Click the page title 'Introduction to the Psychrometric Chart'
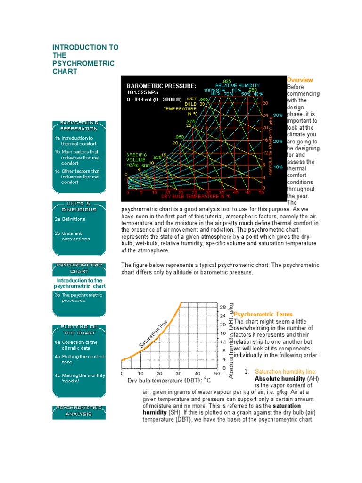pyautogui.click(x=85, y=59)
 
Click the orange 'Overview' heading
pyautogui.click(x=300, y=80)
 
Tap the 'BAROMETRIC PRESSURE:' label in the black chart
pyautogui.click(x=161, y=86)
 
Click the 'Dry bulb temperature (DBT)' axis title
pyautogui.click(x=169, y=380)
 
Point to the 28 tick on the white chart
pyautogui.click(x=223, y=307)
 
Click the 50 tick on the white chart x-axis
pyautogui.click(x=216, y=373)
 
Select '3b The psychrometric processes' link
pyautogui.click(x=78, y=298)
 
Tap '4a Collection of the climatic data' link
pyautogui.click(x=78, y=345)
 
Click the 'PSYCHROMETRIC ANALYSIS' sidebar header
pyautogui.click(x=79, y=410)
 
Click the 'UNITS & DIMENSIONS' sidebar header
pyautogui.click(x=79, y=207)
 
